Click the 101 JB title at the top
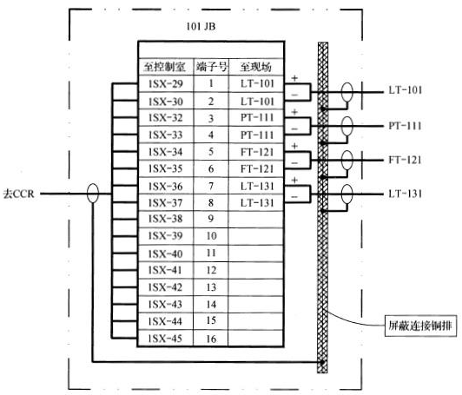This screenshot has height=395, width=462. point(201,27)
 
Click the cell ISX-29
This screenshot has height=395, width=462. point(165,85)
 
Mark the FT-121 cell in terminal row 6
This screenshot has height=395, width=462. point(255,169)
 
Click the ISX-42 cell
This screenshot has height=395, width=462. point(165,287)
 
